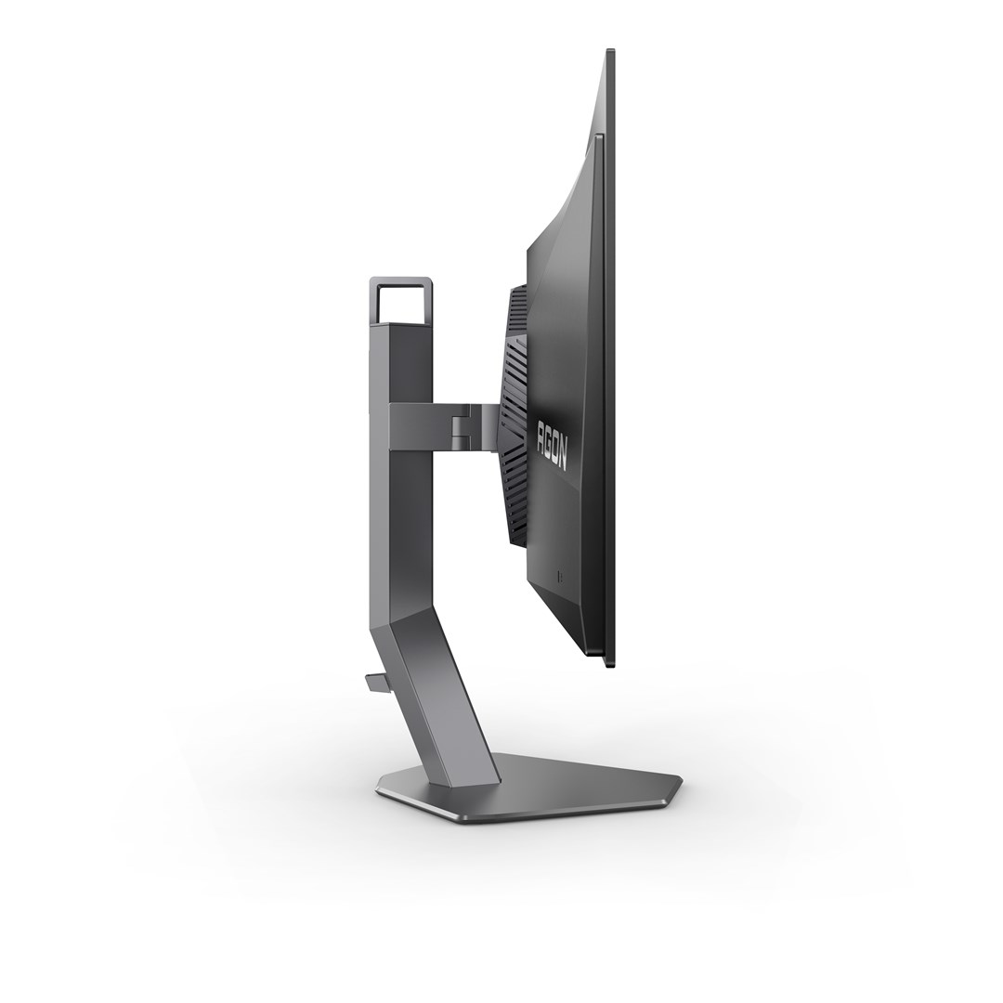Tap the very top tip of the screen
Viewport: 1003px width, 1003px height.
[610, 51]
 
